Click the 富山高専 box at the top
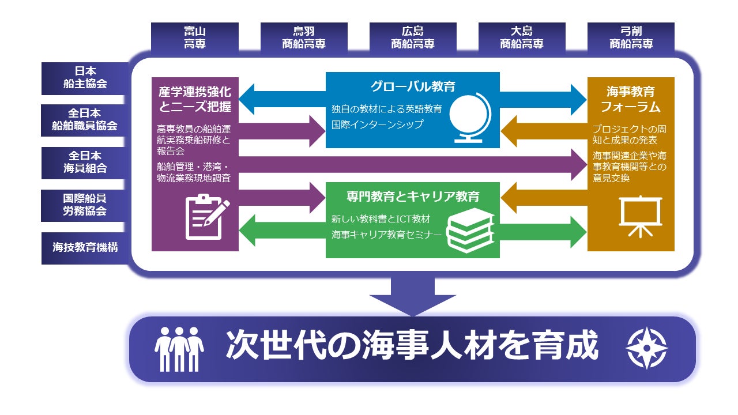[x=194, y=37]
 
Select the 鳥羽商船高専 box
[x=303, y=37]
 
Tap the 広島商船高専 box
[x=412, y=37]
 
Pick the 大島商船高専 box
[x=521, y=37]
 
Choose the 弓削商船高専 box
[x=631, y=37]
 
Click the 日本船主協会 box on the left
[x=85, y=78]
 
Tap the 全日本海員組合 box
[x=85, y=163]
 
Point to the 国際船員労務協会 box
[x=85, y=205]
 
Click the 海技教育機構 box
[x=85, y=247]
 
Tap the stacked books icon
[x=471, y=230]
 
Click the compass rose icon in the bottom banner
[x=646, y=348]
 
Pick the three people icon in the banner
[x=179, y=349]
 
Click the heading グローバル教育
[x=412, y=87]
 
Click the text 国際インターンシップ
[x=378, y=124]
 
